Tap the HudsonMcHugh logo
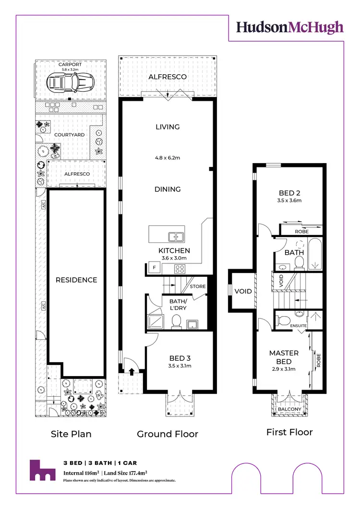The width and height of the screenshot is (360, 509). tap(289, 27)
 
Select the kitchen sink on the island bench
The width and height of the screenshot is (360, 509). tap(175, 236)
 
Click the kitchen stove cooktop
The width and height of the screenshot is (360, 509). tap(180, 269)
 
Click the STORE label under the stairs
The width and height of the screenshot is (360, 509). tap(198, 286)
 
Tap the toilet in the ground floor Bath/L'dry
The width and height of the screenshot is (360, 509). tap(176, 322)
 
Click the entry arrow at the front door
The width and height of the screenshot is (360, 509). tap(132, 370)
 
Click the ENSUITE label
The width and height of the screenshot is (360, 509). tap(299, 326)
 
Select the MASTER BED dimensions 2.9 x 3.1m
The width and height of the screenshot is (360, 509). tap(283, 369)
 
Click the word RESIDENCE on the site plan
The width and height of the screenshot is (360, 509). tap(76, 280)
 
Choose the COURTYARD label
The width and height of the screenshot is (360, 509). tap(69, 135)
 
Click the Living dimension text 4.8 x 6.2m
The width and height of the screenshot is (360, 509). tap(168, 157)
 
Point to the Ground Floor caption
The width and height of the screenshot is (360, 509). tap(168, 434)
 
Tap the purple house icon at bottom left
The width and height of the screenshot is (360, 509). tap(41, 471)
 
